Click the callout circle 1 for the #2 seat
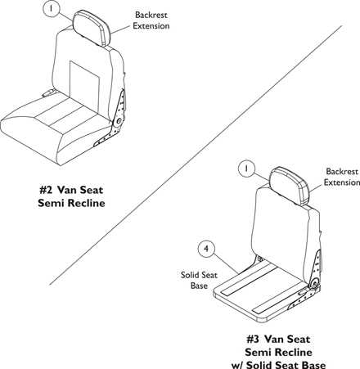click(x=51, y=8)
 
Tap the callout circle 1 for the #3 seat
click(x=246, y=169)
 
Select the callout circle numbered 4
click(x=206, y=249)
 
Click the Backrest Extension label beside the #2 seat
click(x=151, y=20)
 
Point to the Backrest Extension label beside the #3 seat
click(x=342, y=177)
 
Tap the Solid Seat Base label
click(x=199, y=280)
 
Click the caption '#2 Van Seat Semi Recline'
click(x=71, y=196)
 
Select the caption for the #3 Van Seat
click(x=278, y=352)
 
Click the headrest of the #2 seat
click(x=92, y=26)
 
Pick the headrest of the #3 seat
click(x=290, y=186)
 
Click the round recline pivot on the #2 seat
click(x=119, y=121)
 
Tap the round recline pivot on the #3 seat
click(x=315, y=283)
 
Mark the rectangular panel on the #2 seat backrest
click(x=84, y=79)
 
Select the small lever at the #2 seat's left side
click(x=48, y=92)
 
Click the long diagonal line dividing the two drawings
click(x=196, y=155)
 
